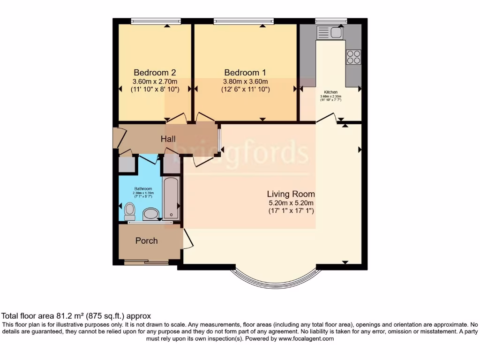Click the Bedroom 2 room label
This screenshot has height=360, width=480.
[x=155, y=73]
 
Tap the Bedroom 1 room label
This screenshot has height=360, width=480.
[x=245, y=73]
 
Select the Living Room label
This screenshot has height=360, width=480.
[x=291, y=194]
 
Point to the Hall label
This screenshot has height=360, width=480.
[x=168, y=139]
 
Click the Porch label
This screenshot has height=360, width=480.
[x=146, y=241]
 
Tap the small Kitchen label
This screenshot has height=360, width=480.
[x=330, y=92]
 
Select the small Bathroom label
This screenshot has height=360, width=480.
[x=143, y=189]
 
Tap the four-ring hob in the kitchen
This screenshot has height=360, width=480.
[x=353, y=57]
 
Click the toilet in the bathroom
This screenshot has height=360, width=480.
[x=130, y=212]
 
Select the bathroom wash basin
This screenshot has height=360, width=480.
[x=150, y=214]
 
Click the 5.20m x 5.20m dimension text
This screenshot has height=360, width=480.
[x=291, y=203]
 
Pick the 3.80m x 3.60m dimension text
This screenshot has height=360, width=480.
[x=245, y=81]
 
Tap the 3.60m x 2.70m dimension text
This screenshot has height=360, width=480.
[x=155, y=81]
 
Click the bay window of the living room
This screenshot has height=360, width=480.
[x=276, y=277]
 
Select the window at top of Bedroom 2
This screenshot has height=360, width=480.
[x=156, y=21]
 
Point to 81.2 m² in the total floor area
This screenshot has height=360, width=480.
[x=69, y=316]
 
